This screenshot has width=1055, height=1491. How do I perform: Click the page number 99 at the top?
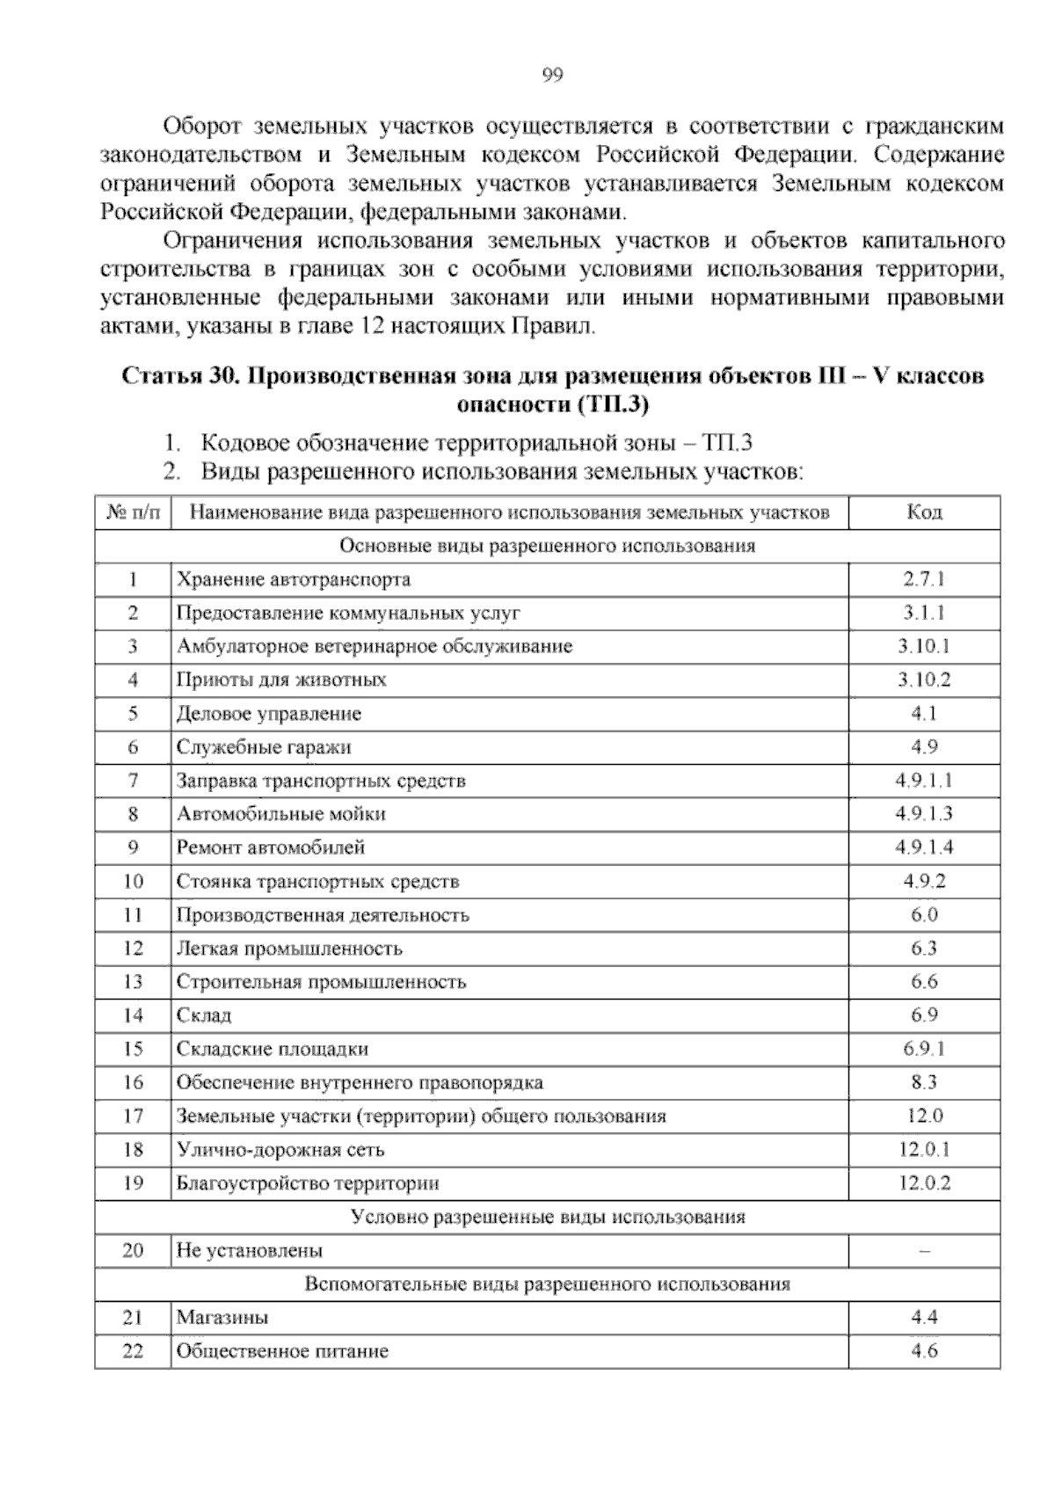point(551,76)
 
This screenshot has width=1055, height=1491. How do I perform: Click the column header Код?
point(924,513)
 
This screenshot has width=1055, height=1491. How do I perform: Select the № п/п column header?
point(133,513)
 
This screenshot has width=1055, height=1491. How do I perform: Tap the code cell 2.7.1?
point(924,579)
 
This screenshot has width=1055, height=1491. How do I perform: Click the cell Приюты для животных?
point(281,680)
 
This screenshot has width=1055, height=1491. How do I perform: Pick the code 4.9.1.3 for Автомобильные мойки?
point(924,814)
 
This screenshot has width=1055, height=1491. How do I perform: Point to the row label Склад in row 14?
point(204,1015)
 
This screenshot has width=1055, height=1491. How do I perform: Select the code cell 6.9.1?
point(924,1049)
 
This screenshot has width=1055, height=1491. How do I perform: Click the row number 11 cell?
point(133,915)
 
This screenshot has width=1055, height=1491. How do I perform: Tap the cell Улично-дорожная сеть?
point(280,1150)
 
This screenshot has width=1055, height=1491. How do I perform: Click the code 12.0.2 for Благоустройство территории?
point(924,1183)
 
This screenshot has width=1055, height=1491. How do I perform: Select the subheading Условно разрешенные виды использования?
point(548,1217)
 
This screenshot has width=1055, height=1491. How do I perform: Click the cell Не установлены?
point(250,1250)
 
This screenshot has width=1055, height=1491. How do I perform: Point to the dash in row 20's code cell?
point(924,1251)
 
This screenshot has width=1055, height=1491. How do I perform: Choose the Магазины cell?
point(222,1318)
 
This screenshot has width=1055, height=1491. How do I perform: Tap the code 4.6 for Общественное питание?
point(924,1351)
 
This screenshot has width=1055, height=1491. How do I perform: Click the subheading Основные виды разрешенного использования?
point(548,546)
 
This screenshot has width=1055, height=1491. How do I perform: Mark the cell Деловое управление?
point(269,714)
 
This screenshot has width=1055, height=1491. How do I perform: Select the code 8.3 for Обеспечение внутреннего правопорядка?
point(924,1082)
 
